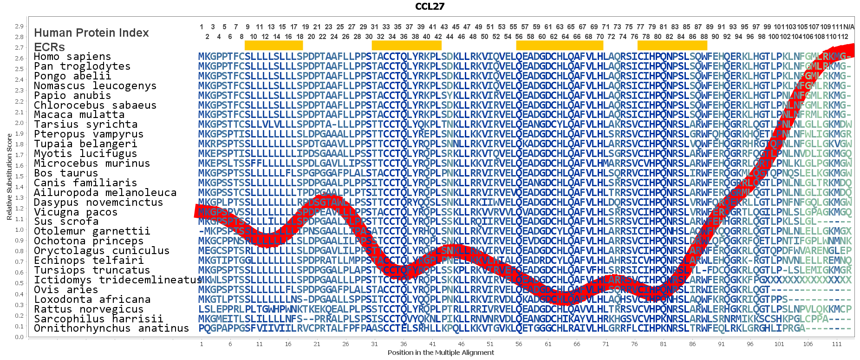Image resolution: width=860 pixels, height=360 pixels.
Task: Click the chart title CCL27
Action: [x=430, y=6]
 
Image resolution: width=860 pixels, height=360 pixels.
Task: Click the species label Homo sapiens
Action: [x=72, y=57]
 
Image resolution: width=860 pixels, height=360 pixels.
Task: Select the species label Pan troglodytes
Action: [x=82, y=66]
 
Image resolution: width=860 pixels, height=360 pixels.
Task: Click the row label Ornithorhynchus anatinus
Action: [x=111, y=328]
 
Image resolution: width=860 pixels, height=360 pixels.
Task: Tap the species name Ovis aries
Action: [x=66, y=290]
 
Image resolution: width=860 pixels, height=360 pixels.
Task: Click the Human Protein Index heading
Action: [x=91, y=33]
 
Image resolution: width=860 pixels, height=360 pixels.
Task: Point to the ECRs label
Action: [x=49, y=47]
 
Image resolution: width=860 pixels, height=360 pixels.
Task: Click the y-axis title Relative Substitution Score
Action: [x=9, y=177]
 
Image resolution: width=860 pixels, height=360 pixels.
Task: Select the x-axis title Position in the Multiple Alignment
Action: [x=441, y=353]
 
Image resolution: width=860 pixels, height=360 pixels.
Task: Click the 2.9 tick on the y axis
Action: [x=19, y=26]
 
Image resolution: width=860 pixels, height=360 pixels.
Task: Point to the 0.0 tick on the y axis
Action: [x=19, y=337]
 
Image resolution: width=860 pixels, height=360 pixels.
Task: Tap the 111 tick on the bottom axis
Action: [x=837, y=344]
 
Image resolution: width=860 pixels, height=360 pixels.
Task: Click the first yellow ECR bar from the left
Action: [x=274, y=46]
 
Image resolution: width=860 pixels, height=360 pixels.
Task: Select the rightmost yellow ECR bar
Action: [x=672, y=46]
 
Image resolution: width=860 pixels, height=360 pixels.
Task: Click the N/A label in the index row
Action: [x=848, y=27]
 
